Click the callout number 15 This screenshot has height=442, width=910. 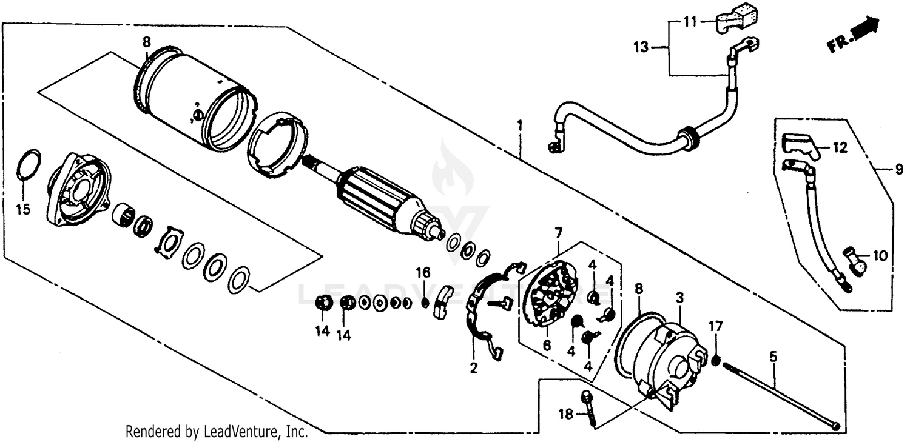[22, 210]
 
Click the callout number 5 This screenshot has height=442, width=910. [773, 357]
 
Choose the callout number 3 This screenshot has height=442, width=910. [680, 298]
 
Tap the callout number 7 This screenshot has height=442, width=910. [558, 232]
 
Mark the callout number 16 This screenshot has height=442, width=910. [423, 270]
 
